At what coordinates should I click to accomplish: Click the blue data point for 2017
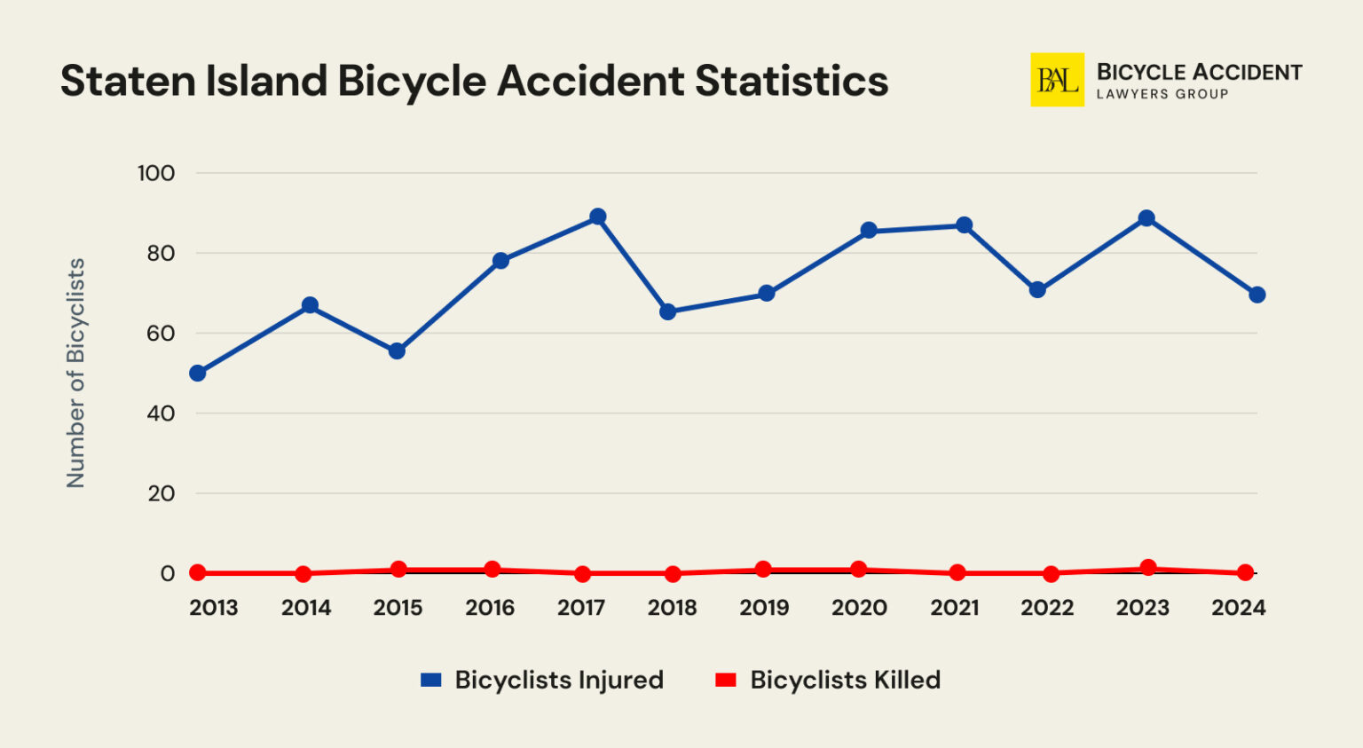[598, 217]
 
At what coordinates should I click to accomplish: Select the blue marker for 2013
[198, 374]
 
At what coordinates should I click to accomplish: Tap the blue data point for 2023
[1146, 218]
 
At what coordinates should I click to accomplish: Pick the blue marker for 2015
[397, 351]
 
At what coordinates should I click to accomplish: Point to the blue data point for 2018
[668, 311]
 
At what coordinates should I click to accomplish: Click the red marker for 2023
[1148, 568]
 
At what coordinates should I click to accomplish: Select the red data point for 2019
[763, 570]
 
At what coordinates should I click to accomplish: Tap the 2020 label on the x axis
[859, 608]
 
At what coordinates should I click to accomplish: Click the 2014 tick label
[306, 608]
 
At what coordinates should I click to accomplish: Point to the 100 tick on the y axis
[156, 173]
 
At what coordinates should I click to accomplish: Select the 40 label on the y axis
[161, 413]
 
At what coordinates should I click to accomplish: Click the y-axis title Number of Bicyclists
[76, 373]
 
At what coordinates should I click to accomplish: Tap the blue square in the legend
[431, 681]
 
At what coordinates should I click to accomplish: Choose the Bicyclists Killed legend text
[845, 681]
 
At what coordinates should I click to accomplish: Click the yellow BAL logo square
[1057, 80]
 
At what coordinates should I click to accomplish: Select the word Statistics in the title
[792, 81]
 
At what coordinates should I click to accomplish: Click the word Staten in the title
[128, 81]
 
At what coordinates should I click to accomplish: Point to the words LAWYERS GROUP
[1162, 94]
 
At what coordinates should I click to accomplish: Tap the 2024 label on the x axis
[1238, 608]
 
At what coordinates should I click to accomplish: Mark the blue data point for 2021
[964, 225]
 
